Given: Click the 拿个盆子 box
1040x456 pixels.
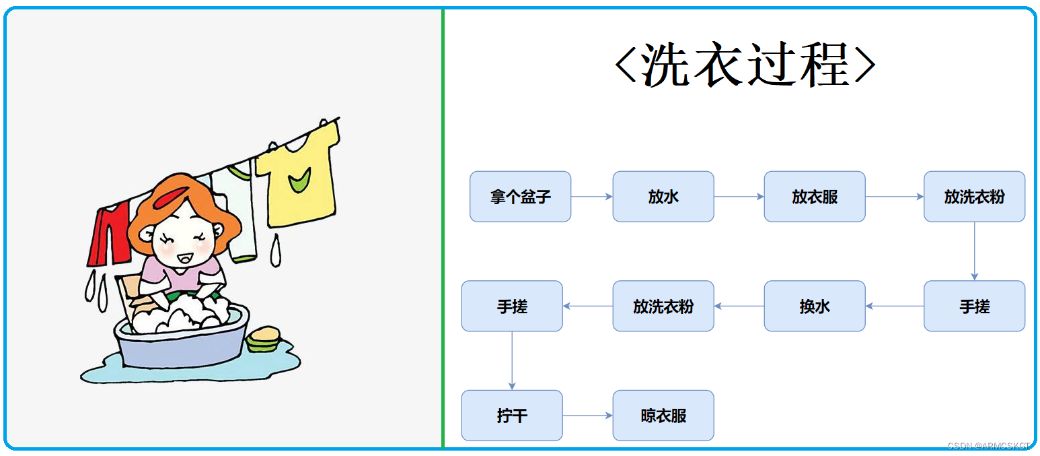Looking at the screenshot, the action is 520,197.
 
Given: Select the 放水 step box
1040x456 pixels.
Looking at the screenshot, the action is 663,197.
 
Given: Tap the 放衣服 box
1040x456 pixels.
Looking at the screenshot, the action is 815,197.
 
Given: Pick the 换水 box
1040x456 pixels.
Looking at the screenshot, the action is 815,306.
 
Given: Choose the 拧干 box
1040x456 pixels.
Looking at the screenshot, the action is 512,416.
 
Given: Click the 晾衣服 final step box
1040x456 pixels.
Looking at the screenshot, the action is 663,416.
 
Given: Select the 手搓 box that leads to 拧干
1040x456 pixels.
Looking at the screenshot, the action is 512,306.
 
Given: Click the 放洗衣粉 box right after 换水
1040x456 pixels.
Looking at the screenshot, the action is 663,306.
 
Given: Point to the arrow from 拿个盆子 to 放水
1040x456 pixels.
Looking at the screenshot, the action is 592,197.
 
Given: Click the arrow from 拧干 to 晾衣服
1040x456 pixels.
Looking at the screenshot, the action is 588,416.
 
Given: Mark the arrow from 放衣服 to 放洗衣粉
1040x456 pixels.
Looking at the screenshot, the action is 895,197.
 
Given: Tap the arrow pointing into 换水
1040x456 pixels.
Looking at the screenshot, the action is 895,306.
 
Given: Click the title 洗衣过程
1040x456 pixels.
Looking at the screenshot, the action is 745,64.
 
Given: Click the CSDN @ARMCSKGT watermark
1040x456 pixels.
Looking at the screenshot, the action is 988,446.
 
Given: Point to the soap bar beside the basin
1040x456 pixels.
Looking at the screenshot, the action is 263,339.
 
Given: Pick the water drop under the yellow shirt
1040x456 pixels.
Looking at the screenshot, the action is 275,251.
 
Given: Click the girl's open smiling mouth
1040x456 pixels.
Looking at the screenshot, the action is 185,258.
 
